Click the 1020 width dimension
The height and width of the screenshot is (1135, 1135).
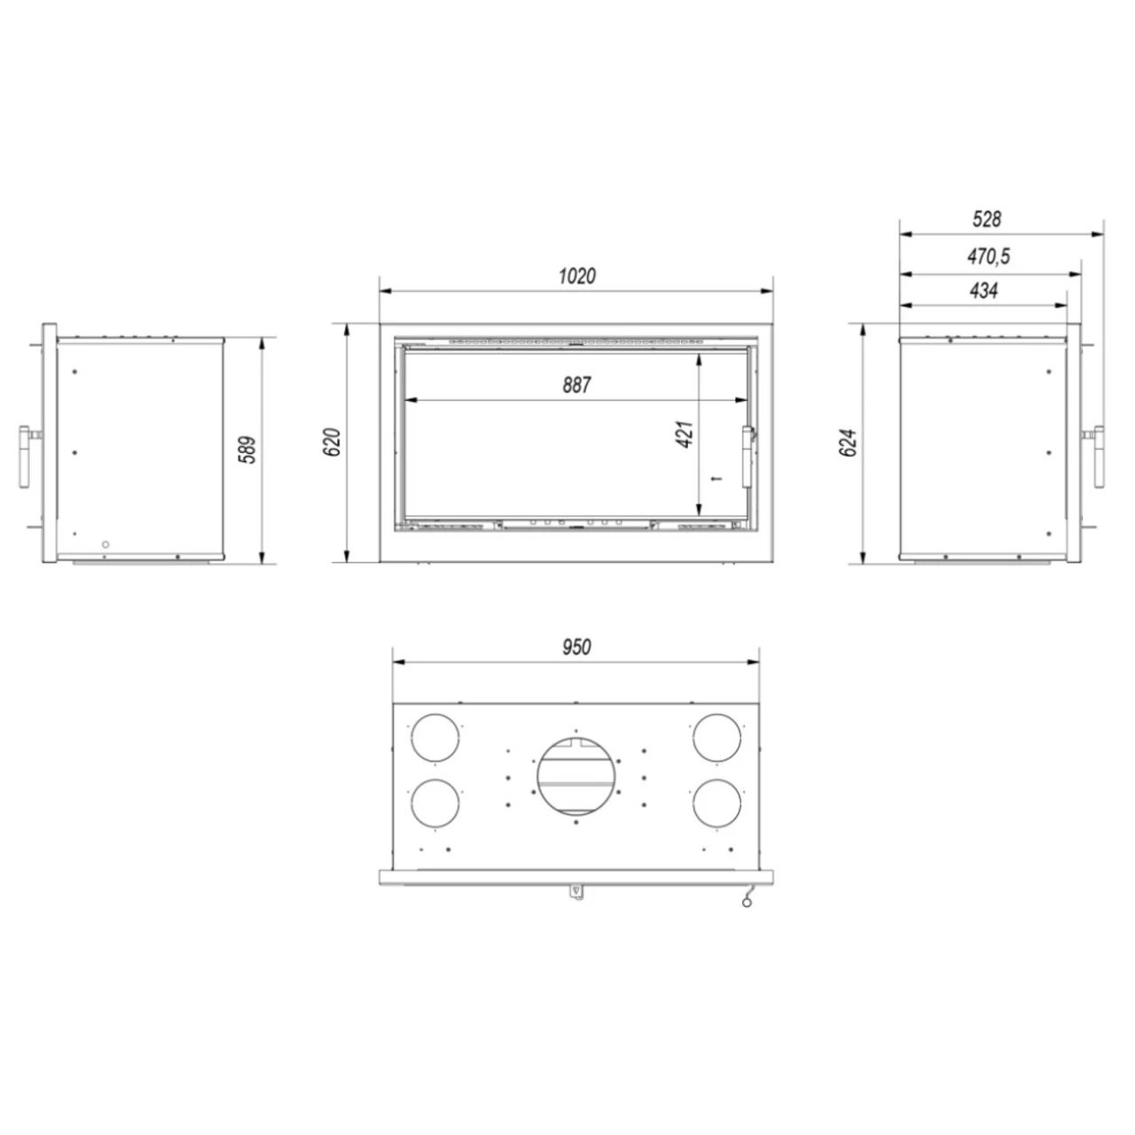[576, 276]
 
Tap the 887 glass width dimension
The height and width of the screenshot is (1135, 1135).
[576, 385]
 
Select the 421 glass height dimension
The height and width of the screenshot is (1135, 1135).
[685, 434]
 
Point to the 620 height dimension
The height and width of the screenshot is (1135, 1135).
[332, 442]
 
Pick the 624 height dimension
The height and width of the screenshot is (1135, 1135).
[849, 442]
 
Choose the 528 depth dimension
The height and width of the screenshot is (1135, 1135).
[986, 219]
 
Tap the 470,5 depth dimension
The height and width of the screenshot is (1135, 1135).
[988, 257]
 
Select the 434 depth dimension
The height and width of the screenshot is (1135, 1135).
[984, 290]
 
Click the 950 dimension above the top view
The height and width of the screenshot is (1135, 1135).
[576, 647]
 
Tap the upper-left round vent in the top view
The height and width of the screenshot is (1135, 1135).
[437, 738]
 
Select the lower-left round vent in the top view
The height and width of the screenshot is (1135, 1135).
[437, 802]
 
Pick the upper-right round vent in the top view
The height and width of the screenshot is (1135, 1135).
[716, 738]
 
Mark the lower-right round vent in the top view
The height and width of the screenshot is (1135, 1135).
[716, 802]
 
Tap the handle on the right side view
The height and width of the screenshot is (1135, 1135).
[1100, 457]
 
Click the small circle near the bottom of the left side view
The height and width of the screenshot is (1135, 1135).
[106, 544]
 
